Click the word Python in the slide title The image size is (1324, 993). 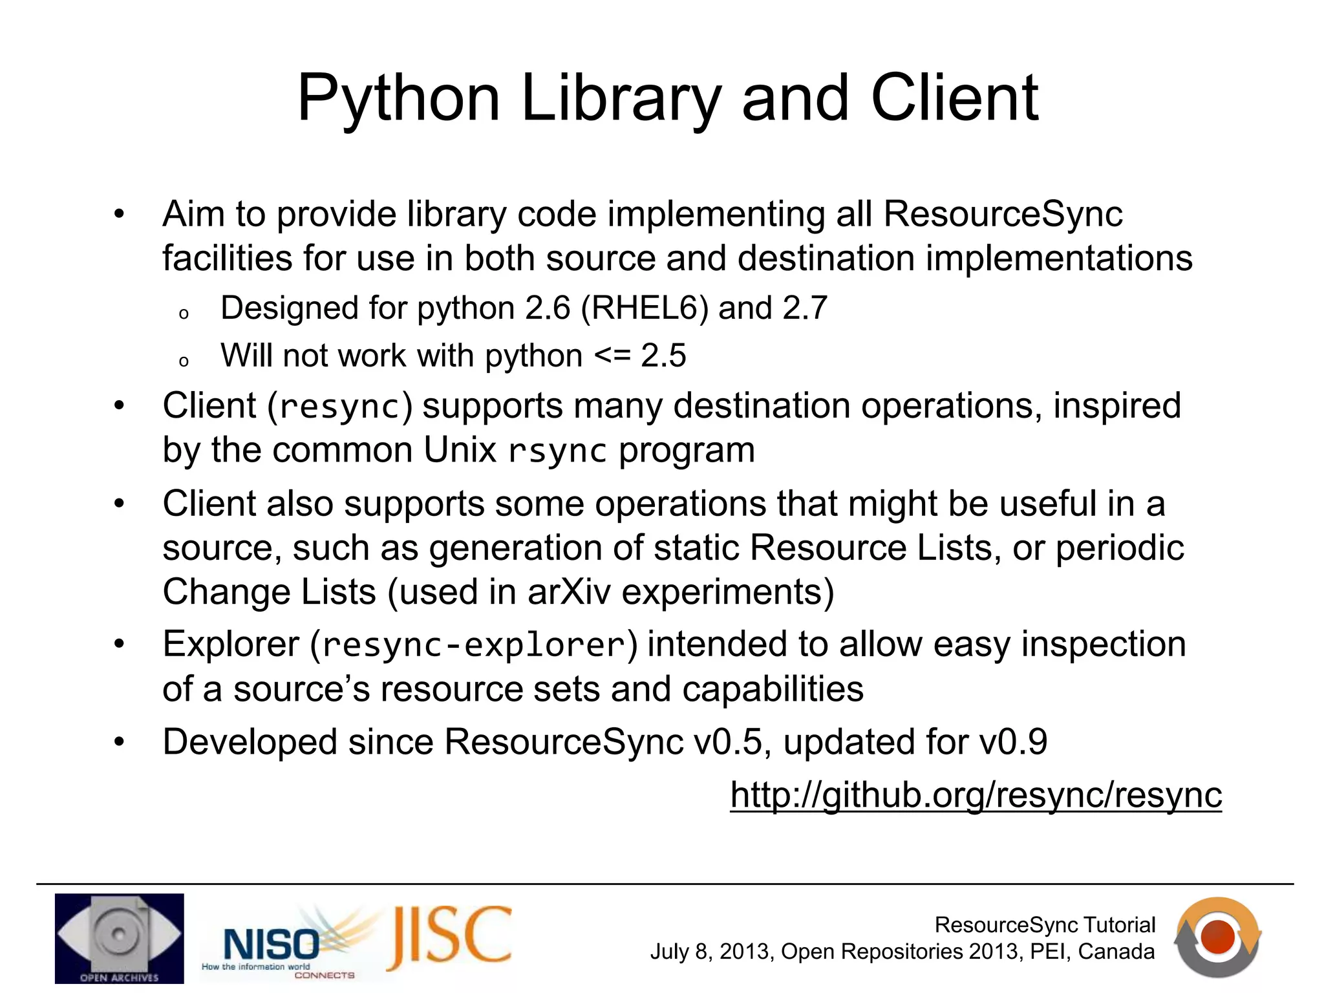[398, 98]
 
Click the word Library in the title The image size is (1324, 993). [620, 98]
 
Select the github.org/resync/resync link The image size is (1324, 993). [976, 795]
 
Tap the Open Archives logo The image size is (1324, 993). [119, 938]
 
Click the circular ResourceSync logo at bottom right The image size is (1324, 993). [1218, 937]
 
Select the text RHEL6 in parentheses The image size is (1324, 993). [641, 308]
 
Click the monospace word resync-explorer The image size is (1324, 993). [474, 645]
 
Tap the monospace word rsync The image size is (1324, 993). [557, 451]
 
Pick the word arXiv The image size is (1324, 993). [568, 592]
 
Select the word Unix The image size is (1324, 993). [460, 450]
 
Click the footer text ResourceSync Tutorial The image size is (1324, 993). [1045, 924]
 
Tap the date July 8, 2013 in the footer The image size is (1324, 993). [710, 952]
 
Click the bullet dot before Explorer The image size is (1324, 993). [119, 644]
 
